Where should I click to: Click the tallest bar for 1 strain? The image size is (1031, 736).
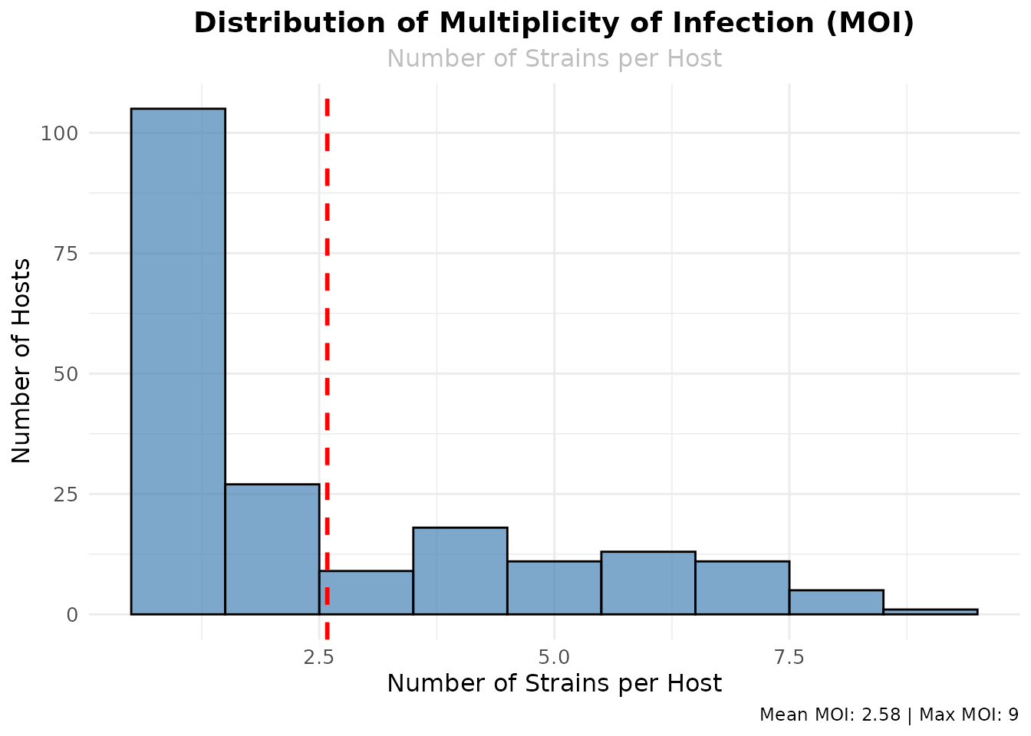(x=178, y=360)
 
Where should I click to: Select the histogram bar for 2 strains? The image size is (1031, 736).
(x=272, y=549)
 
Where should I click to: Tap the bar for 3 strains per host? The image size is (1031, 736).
(x=366, y=593)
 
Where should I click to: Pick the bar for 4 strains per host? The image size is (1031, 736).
(x=460, y=571)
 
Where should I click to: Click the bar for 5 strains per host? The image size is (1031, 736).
(x=554, y=588)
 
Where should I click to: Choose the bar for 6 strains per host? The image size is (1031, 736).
(x=648, y=583)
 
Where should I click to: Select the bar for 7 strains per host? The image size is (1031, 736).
(x=742, y=588)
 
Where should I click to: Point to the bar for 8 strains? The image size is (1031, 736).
(x=836, y=602)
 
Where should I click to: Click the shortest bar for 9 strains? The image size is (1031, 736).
(x=930, y=612)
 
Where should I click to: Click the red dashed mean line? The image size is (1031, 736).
(x=327, y=307)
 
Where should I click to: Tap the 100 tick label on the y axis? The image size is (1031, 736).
(x=60, y=133)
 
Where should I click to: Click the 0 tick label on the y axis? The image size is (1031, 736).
(x=72, y=615)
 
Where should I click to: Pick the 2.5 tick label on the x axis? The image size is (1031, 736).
(x=319, y=658)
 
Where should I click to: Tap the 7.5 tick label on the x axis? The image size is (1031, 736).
(x=789, y=658)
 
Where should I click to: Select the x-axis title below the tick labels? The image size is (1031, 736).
(x=554, y=683)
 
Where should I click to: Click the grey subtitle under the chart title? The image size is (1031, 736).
(x=554, y=58)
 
